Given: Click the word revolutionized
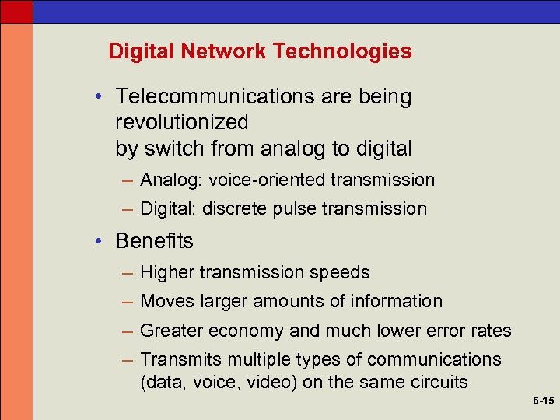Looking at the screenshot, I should point(181,122).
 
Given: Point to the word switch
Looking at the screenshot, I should point(169,148).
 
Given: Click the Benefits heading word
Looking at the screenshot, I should point(154,241).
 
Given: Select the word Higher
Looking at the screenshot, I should point(167,272).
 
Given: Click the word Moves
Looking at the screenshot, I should point(166,301).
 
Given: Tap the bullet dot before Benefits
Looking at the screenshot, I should point(101,241).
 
